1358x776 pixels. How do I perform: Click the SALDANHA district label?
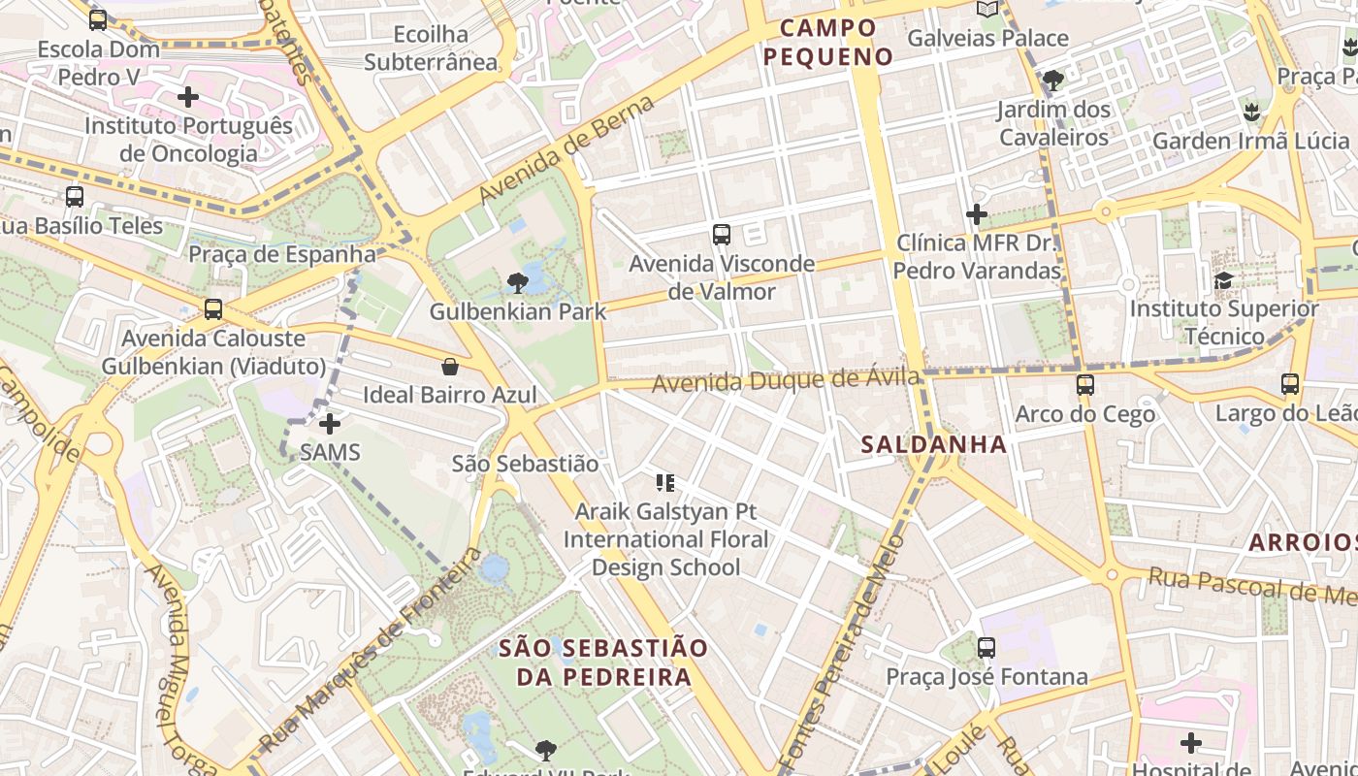(x=934, y=444)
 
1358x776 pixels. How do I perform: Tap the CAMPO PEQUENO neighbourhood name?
(x=827, y=42)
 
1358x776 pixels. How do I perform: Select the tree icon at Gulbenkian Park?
(x=518, y=283)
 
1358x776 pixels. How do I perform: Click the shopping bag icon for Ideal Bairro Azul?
(x=450, y=367)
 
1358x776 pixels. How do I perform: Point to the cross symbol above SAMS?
(x=330, y=424)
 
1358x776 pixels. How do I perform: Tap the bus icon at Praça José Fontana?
(x=986, y=648)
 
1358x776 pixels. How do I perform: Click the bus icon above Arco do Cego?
(x=1085, y=385)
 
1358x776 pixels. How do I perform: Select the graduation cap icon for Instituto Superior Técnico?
(x=1224, y=281)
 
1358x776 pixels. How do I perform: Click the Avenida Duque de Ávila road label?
(x=786, y=379)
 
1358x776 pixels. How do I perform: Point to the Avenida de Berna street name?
(x=566, y=150)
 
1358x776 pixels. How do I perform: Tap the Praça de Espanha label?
(x=281, y=254)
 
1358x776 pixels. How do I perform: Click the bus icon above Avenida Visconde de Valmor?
(x=721, y=234)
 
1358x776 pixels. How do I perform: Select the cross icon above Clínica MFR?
(x=977, y=214)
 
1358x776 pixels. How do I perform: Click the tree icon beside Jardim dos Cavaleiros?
(x=1053, y=81)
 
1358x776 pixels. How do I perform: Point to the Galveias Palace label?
(x=987, y=39)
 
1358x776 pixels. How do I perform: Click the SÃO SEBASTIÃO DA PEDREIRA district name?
(x=603, y=662)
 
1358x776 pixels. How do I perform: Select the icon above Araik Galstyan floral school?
(x=664, y=482)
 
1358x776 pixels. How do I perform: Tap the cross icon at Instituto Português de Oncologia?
(x=188, y=97)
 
